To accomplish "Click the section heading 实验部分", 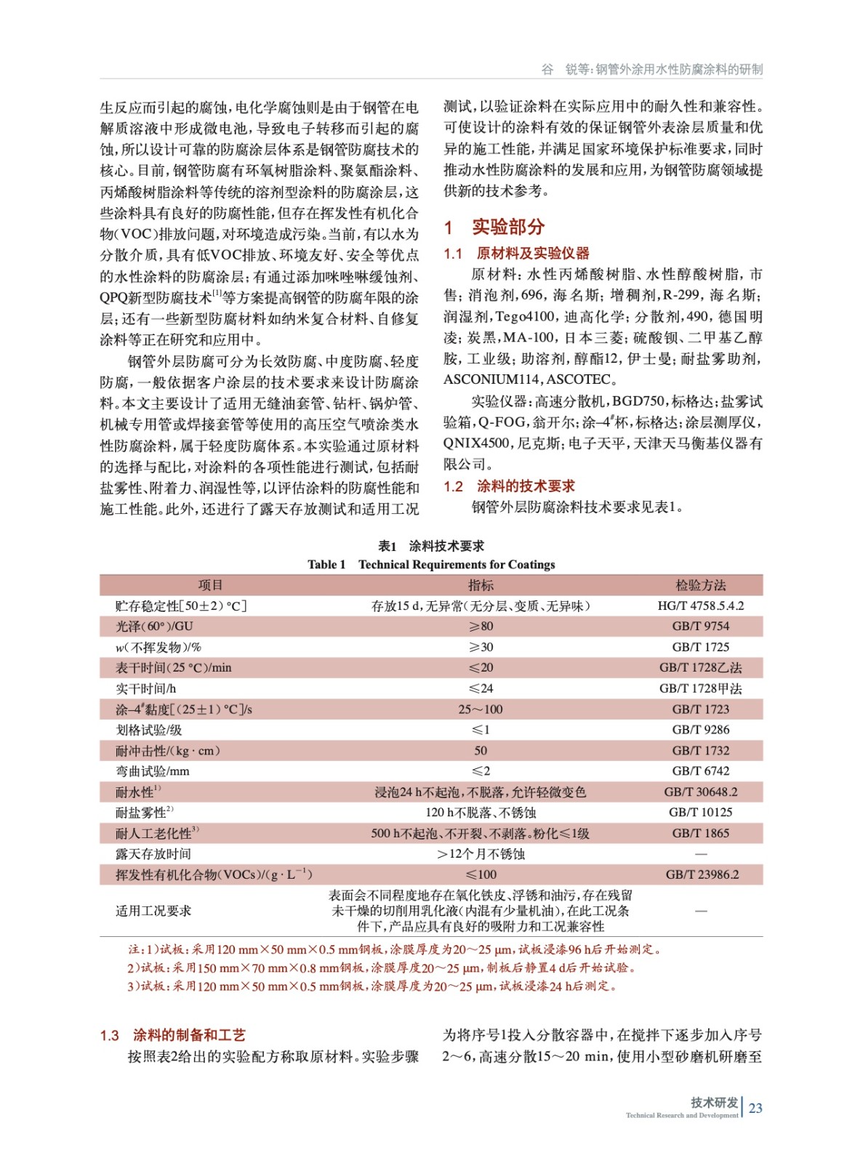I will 507,228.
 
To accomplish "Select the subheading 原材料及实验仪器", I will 532,254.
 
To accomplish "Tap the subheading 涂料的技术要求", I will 525,486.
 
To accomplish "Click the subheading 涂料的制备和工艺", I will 189,1034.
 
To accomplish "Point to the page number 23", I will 755,1108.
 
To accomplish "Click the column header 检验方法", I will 700,585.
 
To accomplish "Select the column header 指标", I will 481,585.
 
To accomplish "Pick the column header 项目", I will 211,585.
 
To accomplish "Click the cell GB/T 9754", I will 700,627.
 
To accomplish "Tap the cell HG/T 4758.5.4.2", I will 700,605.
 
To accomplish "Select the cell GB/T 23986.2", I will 702,874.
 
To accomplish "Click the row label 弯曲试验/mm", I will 152,771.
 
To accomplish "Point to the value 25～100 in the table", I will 481,709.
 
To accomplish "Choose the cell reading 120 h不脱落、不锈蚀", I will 481,813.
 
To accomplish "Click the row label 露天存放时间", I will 153,854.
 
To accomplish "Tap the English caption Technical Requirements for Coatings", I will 457,565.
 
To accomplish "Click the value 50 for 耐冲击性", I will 481,751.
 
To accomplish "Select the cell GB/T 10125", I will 700,813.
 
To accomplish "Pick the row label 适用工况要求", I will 153,911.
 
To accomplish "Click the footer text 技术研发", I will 714,1102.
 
